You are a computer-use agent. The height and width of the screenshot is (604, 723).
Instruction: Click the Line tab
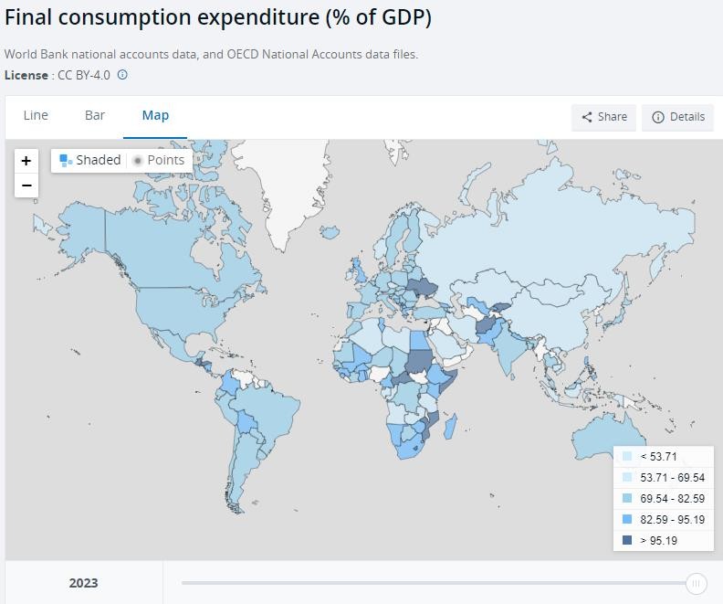(x=36, y=115)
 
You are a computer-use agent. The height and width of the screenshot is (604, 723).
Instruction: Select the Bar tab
(x=95, y=115)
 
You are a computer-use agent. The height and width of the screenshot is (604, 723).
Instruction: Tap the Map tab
(x=155, y=115)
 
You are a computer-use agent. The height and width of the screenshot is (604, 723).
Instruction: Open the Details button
(x=678, y=117)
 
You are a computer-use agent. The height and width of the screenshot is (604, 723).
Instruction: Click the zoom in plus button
(x=26, y=161)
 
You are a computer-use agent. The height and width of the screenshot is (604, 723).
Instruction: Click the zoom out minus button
(x=26, y=185)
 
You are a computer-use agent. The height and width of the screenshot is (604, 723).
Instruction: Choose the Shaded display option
(x=90, y=160)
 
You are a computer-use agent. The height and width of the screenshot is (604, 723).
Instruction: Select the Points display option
(x=159, y=160)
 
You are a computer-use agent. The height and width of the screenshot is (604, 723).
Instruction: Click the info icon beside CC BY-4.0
(x=122, y=75)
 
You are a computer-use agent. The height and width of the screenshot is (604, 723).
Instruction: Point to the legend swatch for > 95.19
(x=627, y=540)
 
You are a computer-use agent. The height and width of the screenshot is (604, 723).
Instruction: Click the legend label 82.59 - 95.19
(x=672, y=519)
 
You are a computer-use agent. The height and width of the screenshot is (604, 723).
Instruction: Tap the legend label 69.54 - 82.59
(x=672, y=498)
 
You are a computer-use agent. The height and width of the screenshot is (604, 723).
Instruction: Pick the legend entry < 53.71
(x=658, y=456)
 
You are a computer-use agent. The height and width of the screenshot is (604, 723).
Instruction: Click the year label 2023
(x=83, y=583)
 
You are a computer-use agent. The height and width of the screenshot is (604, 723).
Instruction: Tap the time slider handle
(x=696, y=583)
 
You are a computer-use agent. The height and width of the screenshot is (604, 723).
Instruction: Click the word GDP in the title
(x=395, y=17)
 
